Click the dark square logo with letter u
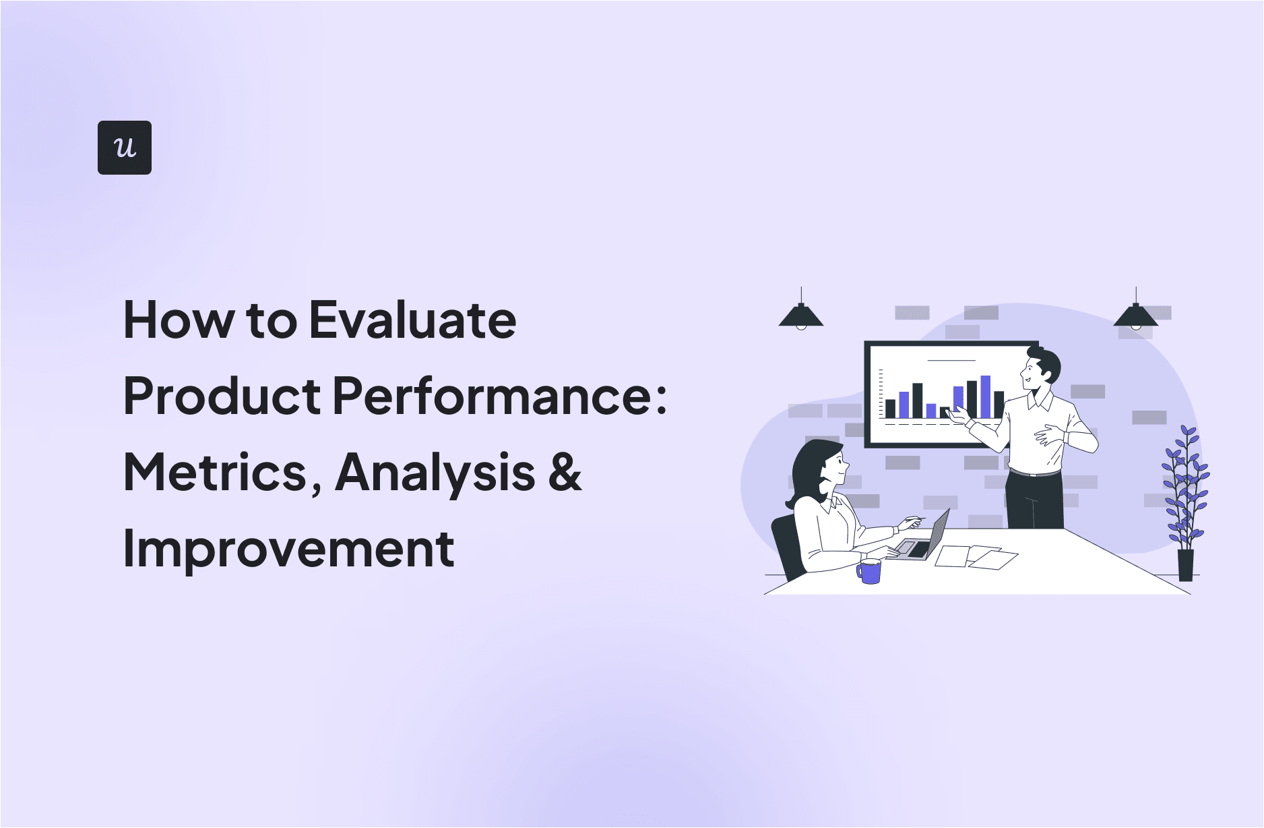tap(125, 148)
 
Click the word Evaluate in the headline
tap(412, 320)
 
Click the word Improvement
tap(288, 549)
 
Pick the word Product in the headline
tap(222, 396)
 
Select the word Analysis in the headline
tap(435, 472)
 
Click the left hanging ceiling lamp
tap(800, 316)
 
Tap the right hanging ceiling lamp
tap(1135, 316)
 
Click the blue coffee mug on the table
tap(870, 571)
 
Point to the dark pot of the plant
tap(1185, 565)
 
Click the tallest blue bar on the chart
tap(985, 396)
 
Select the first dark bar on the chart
tap(890, 408)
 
